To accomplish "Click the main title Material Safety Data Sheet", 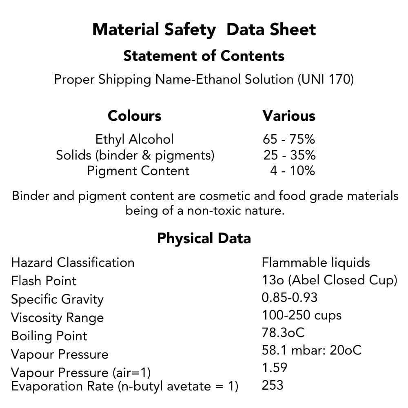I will click(x=204, y=30).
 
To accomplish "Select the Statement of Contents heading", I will click(x=204, y=55).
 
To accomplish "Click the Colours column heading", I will click(x=134, y=115).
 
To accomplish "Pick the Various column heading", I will click(x=289, y=115).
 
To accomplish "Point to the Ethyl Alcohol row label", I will click(x=134, y=139).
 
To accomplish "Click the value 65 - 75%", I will click(x=289, y=139).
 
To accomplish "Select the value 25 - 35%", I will click(x=289, y=155).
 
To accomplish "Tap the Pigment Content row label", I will click(x=138, y=171).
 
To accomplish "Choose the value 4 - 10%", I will click(x=292, y=171).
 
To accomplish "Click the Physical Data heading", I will click(x=204, y=238).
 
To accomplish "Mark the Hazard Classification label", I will click(x=73, y=262).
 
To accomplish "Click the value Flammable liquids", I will click(x=316, y=262).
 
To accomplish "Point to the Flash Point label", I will click(x=44, y=281).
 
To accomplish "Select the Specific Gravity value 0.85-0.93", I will click(x=289, y=297).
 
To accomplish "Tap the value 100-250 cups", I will click(x=302, y=315).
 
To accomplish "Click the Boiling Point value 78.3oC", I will click(x=283, y=333).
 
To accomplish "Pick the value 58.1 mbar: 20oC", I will click(x=311, y=350).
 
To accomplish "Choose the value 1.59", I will click(x=274, y=368).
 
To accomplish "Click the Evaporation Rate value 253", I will click(x=272, y=385).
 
